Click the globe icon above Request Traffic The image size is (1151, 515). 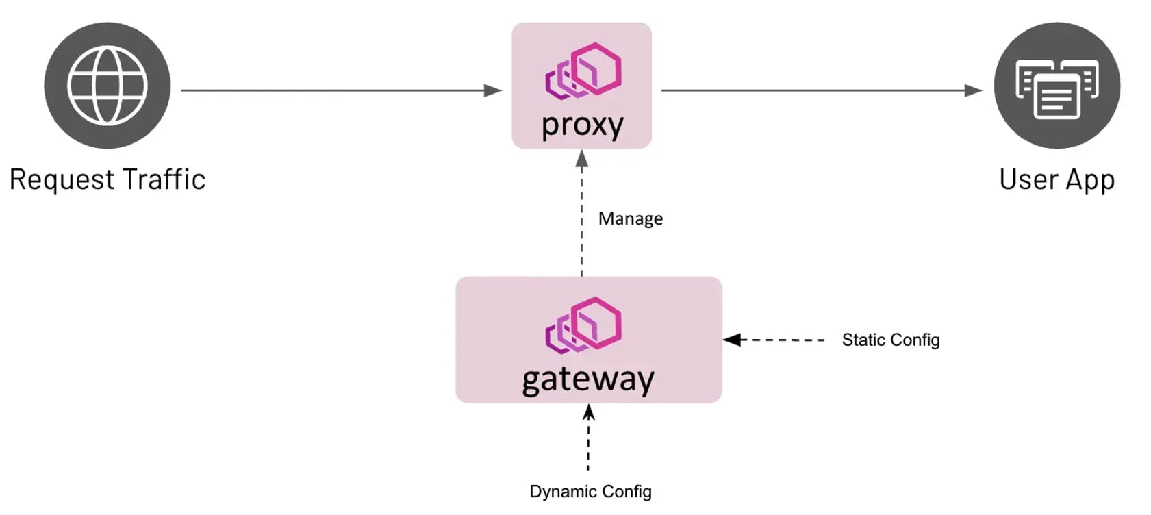click(107, 85)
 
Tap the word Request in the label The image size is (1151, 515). click(62, 179)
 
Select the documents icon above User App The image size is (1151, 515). click(1057, 86)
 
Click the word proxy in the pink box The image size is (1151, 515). click(582, 125)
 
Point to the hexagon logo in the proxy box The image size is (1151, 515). click(583, 71)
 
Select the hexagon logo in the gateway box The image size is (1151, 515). click(583, 325)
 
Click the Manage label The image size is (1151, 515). click(630, 218)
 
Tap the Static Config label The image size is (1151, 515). click(890, 340)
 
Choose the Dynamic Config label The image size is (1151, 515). click(590, 492)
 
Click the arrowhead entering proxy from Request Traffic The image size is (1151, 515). click(493, 90)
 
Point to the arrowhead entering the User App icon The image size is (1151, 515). click(973, 90)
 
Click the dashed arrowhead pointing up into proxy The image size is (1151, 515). click(582, 159)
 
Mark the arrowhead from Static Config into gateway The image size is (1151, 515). click(732, 340)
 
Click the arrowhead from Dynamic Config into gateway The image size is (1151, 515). click(588, 412)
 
